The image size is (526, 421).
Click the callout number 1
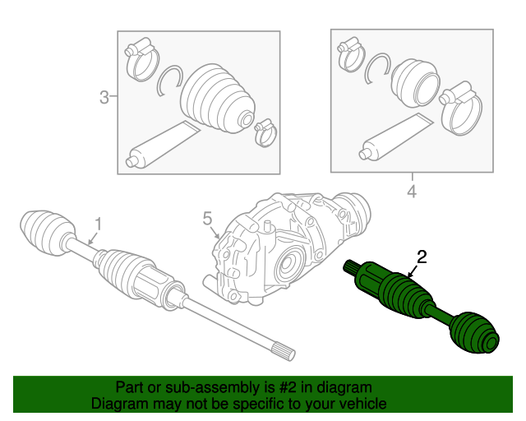[x=98, y=223]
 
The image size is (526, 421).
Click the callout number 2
[x=422, y=257]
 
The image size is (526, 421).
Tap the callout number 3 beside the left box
[x=104, y=99]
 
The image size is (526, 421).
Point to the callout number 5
[x=208, y=218]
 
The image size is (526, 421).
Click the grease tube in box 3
[x=161, y=143]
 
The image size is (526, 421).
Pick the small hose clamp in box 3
[x=265, y=130]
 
